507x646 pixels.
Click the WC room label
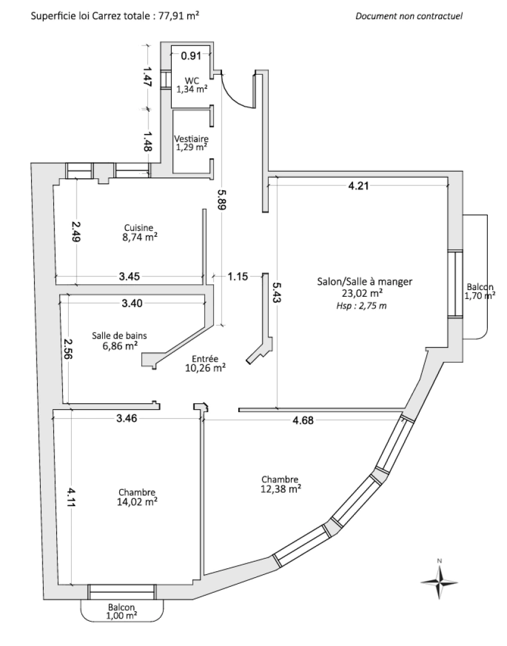point(192,81)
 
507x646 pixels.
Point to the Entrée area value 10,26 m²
point(205,367)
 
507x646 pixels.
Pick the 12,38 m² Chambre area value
point(280,489)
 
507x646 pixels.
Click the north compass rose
point(439,580)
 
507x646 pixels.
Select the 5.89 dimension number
point(222,197)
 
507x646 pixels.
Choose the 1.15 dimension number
point(238,276)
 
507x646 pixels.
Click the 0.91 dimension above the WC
point(191,56)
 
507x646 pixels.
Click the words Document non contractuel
point(409,16)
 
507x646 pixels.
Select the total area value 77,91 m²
point(180,16)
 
